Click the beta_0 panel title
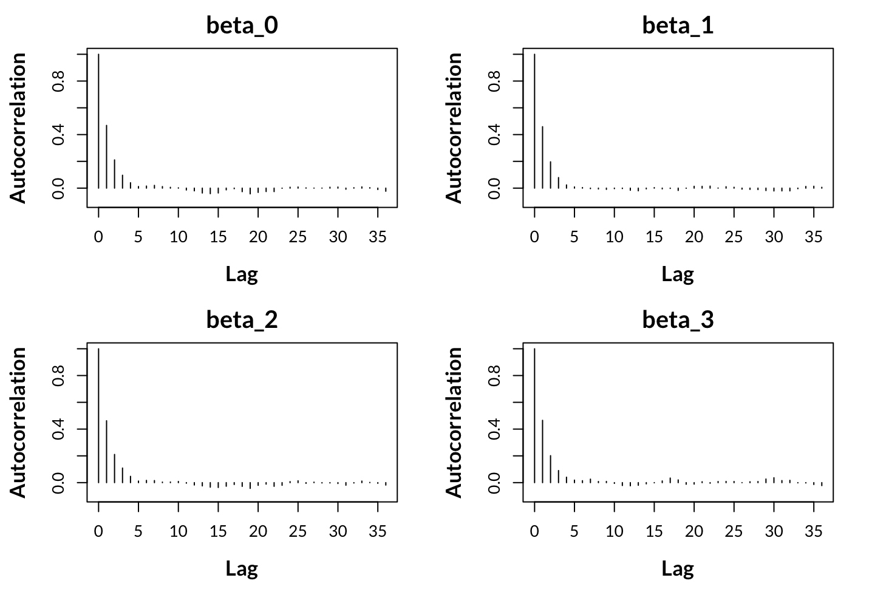(x=242, y=26)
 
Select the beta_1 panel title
(x=678, y=26)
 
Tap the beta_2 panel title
(x=242, y=319)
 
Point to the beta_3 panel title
(x=678, y=319)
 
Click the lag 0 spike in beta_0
(x=98, y=121)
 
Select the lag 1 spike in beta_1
(x=542, y=157)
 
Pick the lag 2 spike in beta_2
(x=114, y=468)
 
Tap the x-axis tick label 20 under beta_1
(x=694, y=237)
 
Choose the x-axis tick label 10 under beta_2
(x=178, y=531)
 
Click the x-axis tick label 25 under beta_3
(x=734, y=531)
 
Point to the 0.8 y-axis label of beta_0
(x=58, y=81)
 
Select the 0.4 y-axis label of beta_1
(x=494, y=134)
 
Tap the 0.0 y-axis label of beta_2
(x=58, y=483)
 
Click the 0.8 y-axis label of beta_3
(x=494, y=375)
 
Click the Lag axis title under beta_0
(x=242, y=274)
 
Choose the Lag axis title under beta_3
(x=678, y=568)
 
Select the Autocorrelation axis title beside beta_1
(x=454, y=128)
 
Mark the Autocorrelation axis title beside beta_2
(x=18, y=422)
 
